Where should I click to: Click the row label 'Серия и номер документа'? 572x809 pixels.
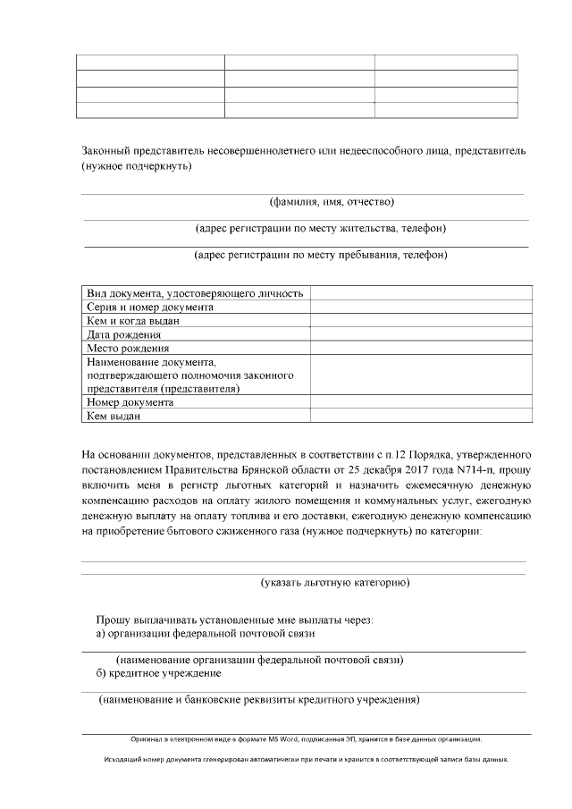pyautogui.click(x=150, y=307)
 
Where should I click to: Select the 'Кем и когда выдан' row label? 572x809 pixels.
pyautogui.click(x=133, y=320)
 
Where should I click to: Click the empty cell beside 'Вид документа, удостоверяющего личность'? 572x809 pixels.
pyautogui.click(x=421, y=293)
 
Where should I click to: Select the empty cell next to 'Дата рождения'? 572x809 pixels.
pyautogui.click(x=421, y=334)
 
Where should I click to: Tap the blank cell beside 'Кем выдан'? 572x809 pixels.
pyautogui.click(x=421, y=416)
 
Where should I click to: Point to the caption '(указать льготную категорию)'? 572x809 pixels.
pyautogui.click(x=335, y=583)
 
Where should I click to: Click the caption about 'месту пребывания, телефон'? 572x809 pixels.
pyautogui.click(x=321, y=255)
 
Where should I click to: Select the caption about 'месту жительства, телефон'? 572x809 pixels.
pyautogui.click(x=321, y=229)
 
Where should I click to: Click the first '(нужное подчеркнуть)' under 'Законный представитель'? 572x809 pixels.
pyautogui.click(x=136, y=165)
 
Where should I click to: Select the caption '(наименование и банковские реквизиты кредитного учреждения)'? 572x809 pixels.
pyautogui.click(x=259, y=700)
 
